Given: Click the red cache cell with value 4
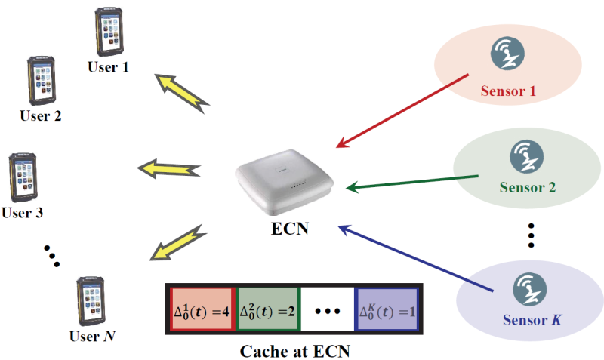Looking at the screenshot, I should click(202, 310).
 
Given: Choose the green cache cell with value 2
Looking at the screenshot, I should click(267, 310).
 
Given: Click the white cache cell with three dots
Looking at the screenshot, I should click(328, 310).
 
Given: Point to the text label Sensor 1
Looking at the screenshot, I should click(508, 91).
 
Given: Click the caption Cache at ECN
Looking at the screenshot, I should click(294, 350).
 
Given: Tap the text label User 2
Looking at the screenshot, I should click(41, 116).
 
